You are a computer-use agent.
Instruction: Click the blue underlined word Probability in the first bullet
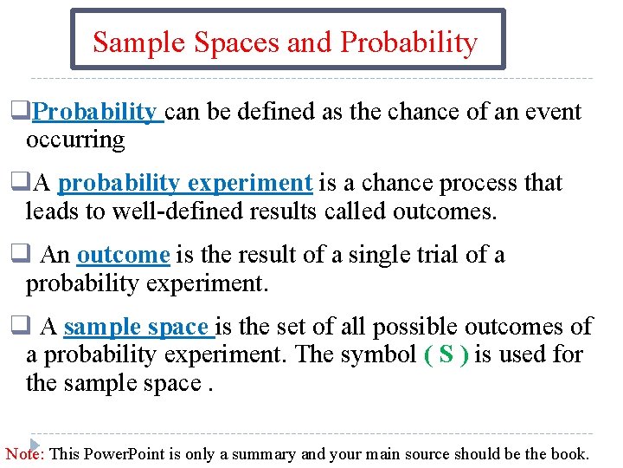[95, 112]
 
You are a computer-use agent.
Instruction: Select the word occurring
[75, 139]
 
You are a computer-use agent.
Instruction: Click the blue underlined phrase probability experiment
[185, 183]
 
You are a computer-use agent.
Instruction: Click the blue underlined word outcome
[123, 255]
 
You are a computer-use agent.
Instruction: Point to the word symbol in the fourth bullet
[381, 354]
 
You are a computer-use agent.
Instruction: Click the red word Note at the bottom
[24, 453]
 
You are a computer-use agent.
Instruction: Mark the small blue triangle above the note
[36, 443]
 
